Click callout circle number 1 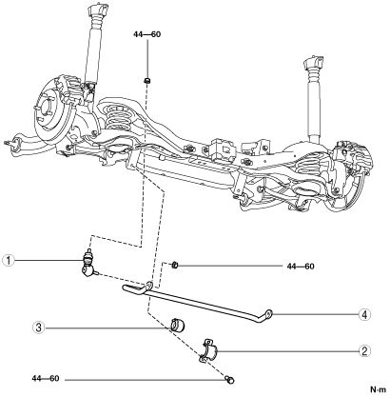click(x=9, y=261)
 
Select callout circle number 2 click(x=364, y=351)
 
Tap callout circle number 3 click(x=39, y=328)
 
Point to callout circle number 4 click(x=364, y=315)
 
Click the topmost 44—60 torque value click(x=147, y=34)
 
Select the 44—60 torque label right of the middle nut click(x=301, y=267)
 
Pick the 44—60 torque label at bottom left click(x=46, y=379)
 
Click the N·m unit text click(x=379, y=389)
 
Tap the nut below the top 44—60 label click(x=146, y=80)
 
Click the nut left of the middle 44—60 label click(x=174, y=265)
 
